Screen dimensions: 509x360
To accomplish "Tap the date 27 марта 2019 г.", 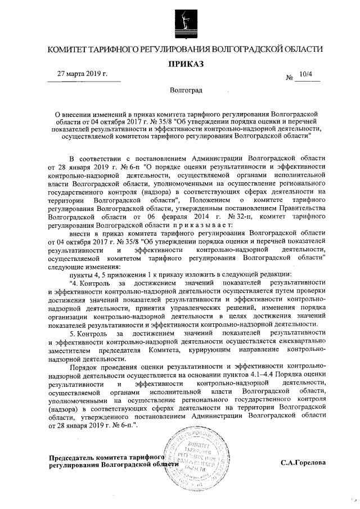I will pos(83,74).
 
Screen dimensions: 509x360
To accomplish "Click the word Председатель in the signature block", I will pos(73,458).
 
